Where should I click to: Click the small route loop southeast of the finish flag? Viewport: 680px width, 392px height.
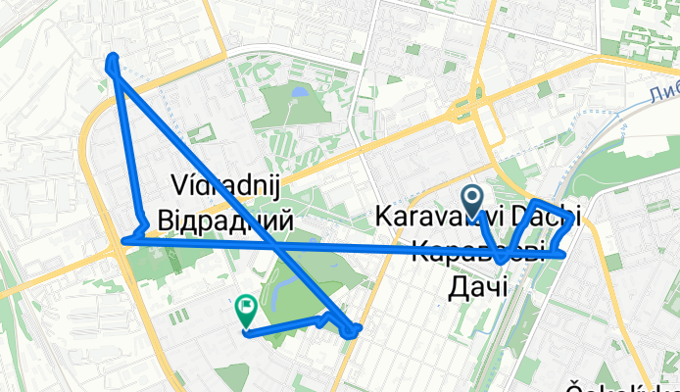coord(352,331)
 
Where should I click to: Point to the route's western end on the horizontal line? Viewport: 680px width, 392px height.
coord(123,240)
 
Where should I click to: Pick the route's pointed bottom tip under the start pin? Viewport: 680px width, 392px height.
coord(500,263)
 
